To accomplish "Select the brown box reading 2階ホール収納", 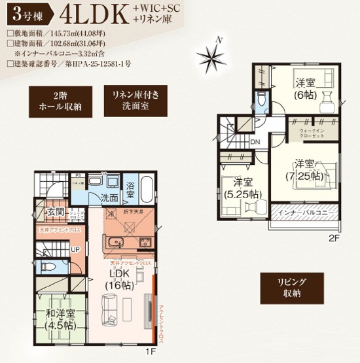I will tap(54, 101).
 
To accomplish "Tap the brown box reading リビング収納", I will tap(293, 286).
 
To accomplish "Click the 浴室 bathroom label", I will tap(130, 190).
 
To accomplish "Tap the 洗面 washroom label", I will tap(109, 198).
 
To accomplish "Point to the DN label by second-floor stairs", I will tap(255, 141).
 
